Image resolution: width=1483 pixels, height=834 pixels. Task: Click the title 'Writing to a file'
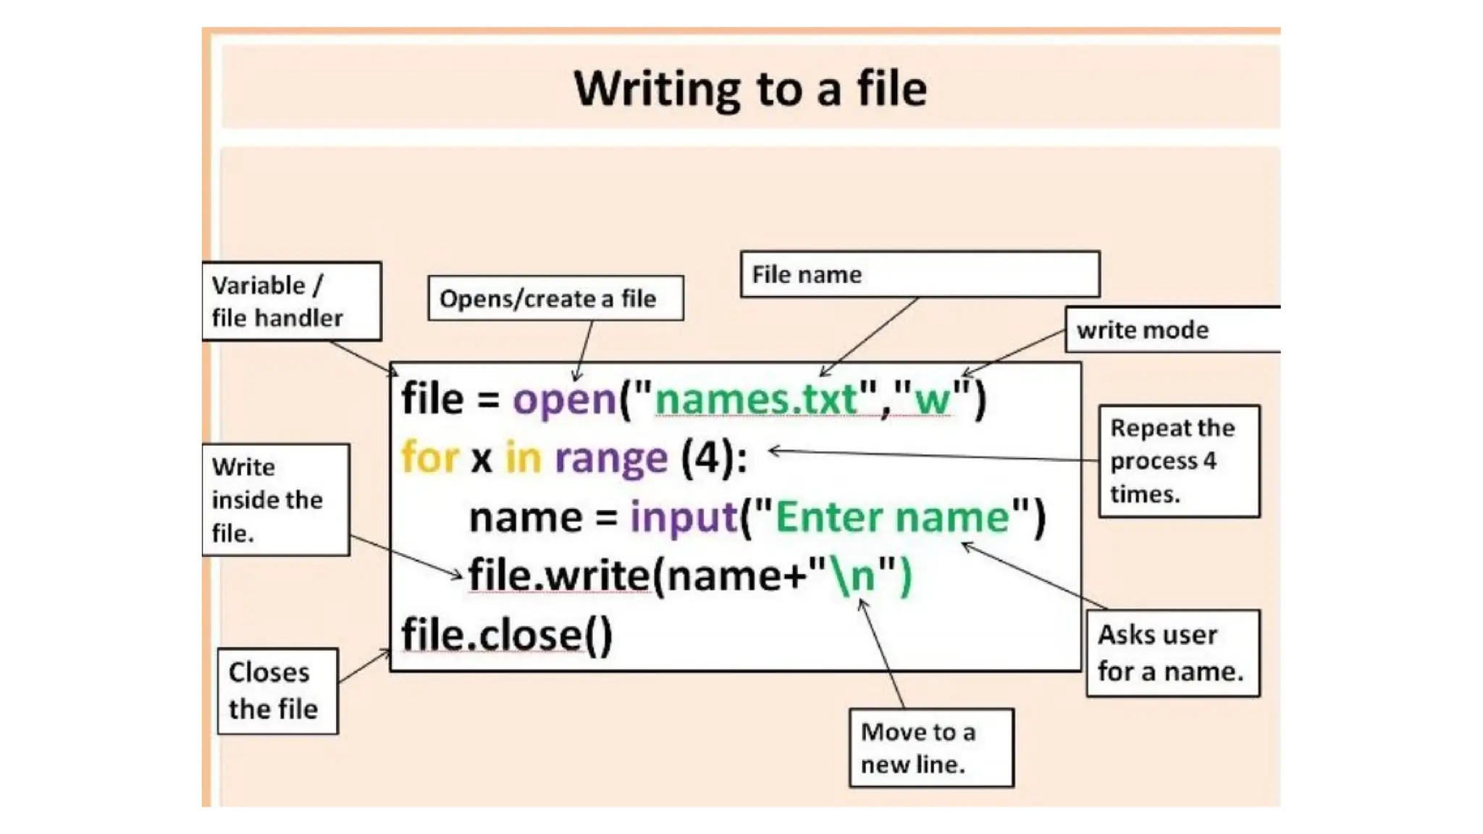[x=750, y=89]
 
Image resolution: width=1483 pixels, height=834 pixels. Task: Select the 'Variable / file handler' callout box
[x=292, y=301]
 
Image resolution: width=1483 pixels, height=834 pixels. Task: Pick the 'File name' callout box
[x=920, y=274]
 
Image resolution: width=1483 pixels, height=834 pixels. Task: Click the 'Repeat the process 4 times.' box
[x=1180, y=461]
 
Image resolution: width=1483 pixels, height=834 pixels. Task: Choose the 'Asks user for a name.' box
[x=1173, y=653]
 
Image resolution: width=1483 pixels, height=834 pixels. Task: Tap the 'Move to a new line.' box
[x=932, y=748]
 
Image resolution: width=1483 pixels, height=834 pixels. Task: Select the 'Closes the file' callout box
[x=278, y=691]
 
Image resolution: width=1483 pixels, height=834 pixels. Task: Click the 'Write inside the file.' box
[x=276, y=500]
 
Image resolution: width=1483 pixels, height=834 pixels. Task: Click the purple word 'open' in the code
[x=565, y=400]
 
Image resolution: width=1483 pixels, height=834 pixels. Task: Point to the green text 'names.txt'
[x=756, y=399]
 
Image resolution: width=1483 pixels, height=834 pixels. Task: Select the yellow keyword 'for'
[x=430, y=458]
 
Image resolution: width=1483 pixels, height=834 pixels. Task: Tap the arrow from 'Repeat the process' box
[x=933, y=455]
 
